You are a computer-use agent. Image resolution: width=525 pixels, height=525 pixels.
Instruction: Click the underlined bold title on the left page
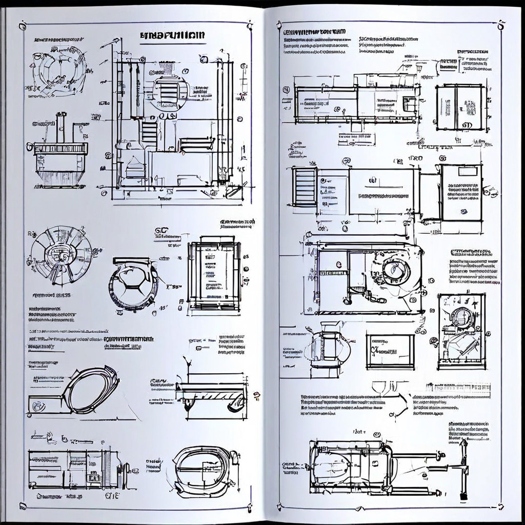pos(172,35)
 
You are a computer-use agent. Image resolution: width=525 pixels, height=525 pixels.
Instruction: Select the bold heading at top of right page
pos(314,31)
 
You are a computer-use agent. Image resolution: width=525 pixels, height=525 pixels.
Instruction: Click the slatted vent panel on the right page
pos(304,187)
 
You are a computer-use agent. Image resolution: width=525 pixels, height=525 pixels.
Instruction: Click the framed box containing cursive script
pos(390,351)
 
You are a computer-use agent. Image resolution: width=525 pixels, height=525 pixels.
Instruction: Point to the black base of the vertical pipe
pos(463,496)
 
